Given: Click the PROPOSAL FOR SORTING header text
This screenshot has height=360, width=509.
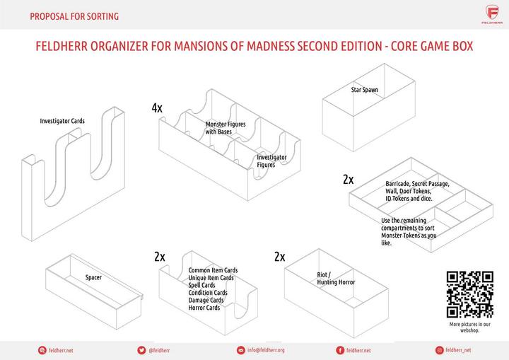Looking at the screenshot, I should coord(74,16).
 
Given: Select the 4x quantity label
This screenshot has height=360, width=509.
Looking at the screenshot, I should coord(157,108).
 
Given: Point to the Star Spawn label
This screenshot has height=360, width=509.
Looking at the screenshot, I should coord(365,90).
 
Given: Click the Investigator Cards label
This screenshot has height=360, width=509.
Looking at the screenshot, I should coord(62,121).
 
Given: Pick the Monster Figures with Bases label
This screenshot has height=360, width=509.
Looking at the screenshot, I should coord(226,128).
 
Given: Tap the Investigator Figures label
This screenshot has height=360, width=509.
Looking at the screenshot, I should coord(271,161).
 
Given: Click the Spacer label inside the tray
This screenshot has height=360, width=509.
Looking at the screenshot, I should coord(93,277).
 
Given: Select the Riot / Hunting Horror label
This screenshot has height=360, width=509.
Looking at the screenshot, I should coord(336,278).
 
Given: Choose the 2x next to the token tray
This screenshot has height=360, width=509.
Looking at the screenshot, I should coord(348,180).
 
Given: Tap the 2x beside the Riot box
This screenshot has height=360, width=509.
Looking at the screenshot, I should coord(279,257).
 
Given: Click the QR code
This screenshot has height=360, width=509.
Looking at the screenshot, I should coord(469,294).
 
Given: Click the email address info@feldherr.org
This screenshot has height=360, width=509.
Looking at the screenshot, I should coord(266,350).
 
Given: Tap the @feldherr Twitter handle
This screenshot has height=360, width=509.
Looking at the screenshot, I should coord(159,350).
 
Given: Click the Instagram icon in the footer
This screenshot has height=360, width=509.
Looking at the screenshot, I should coord(440,350).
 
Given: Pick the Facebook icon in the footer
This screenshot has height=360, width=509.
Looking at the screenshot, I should coord(340,350).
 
